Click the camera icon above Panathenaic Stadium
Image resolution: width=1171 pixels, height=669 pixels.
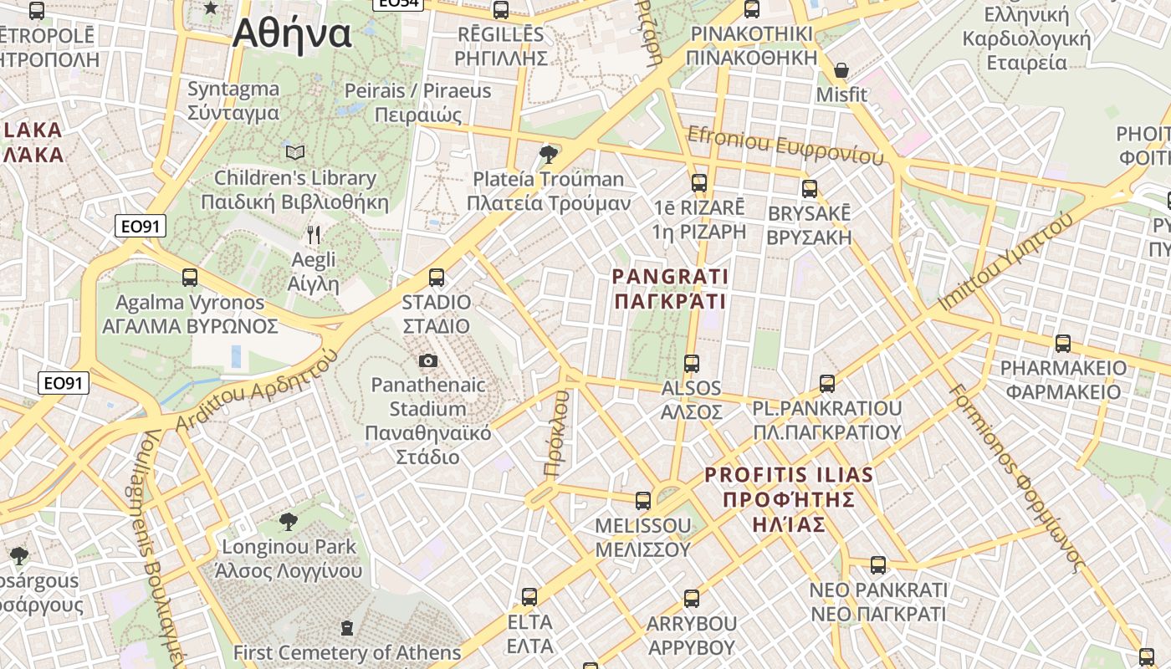click(428, 360)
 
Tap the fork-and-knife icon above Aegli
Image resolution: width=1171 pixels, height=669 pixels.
click(314, 234)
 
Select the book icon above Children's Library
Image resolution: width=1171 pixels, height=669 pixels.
click(294, 152)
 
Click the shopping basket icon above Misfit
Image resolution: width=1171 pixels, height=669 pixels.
click(841, 70)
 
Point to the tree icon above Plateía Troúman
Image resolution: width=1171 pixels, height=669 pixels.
click(549, 154)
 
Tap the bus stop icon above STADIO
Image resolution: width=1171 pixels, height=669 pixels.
click(436, 278)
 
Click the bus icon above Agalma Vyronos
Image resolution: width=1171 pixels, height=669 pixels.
click(190, 278)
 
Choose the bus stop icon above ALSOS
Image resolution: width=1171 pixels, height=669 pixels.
click(691, 364)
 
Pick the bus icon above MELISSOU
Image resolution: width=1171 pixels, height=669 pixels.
click(642, 501)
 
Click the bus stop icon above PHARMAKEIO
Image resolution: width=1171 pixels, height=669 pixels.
click(1062, 344)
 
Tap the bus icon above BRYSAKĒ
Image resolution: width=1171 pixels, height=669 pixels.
click(809, 189)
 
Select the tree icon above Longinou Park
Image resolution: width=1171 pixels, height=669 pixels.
click(288, 522)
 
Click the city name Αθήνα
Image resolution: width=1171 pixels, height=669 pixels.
click(292, 33)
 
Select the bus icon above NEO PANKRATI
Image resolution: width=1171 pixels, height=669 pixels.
click(877, 565)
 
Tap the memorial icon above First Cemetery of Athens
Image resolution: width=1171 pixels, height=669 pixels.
click(347, 627)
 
